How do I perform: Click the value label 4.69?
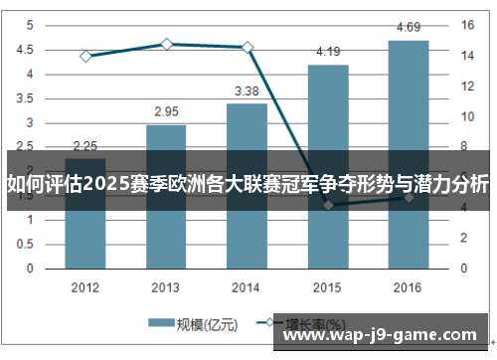408,27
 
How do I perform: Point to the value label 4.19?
328,52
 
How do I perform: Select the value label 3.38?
247,90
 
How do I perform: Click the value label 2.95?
166,111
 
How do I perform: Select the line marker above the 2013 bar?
166,44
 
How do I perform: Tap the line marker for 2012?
85,56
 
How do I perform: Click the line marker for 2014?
247,47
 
